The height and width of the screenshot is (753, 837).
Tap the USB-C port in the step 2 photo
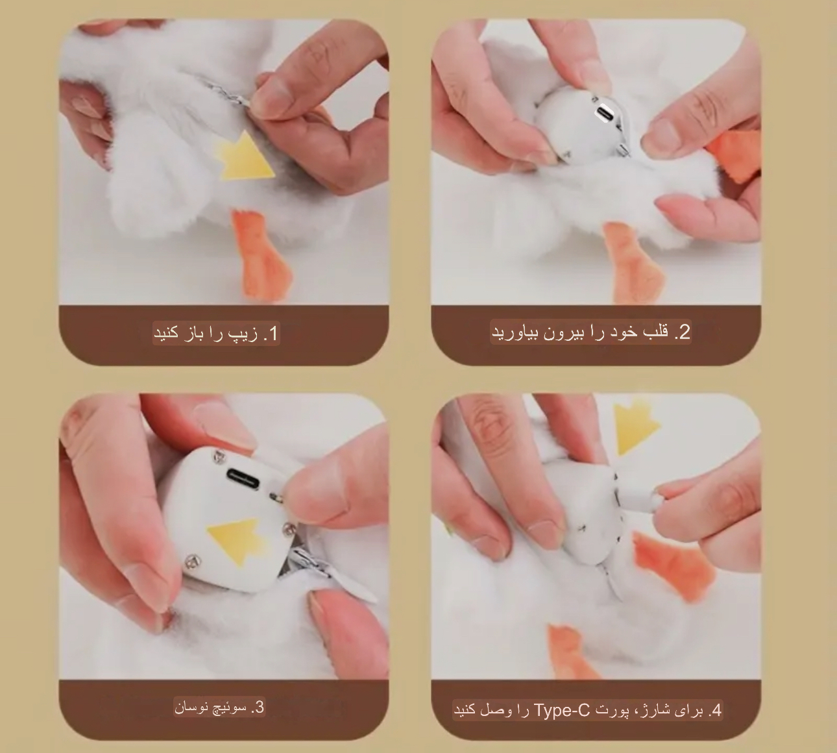click(x=603, y=113)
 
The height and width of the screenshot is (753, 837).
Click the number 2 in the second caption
click(x=684, y=332)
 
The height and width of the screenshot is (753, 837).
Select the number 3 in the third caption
click(x=259, y=707)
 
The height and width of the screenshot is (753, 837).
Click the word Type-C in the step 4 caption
click(x=562, y=710)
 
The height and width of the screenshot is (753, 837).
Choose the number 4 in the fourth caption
click(x=716, y=710)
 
